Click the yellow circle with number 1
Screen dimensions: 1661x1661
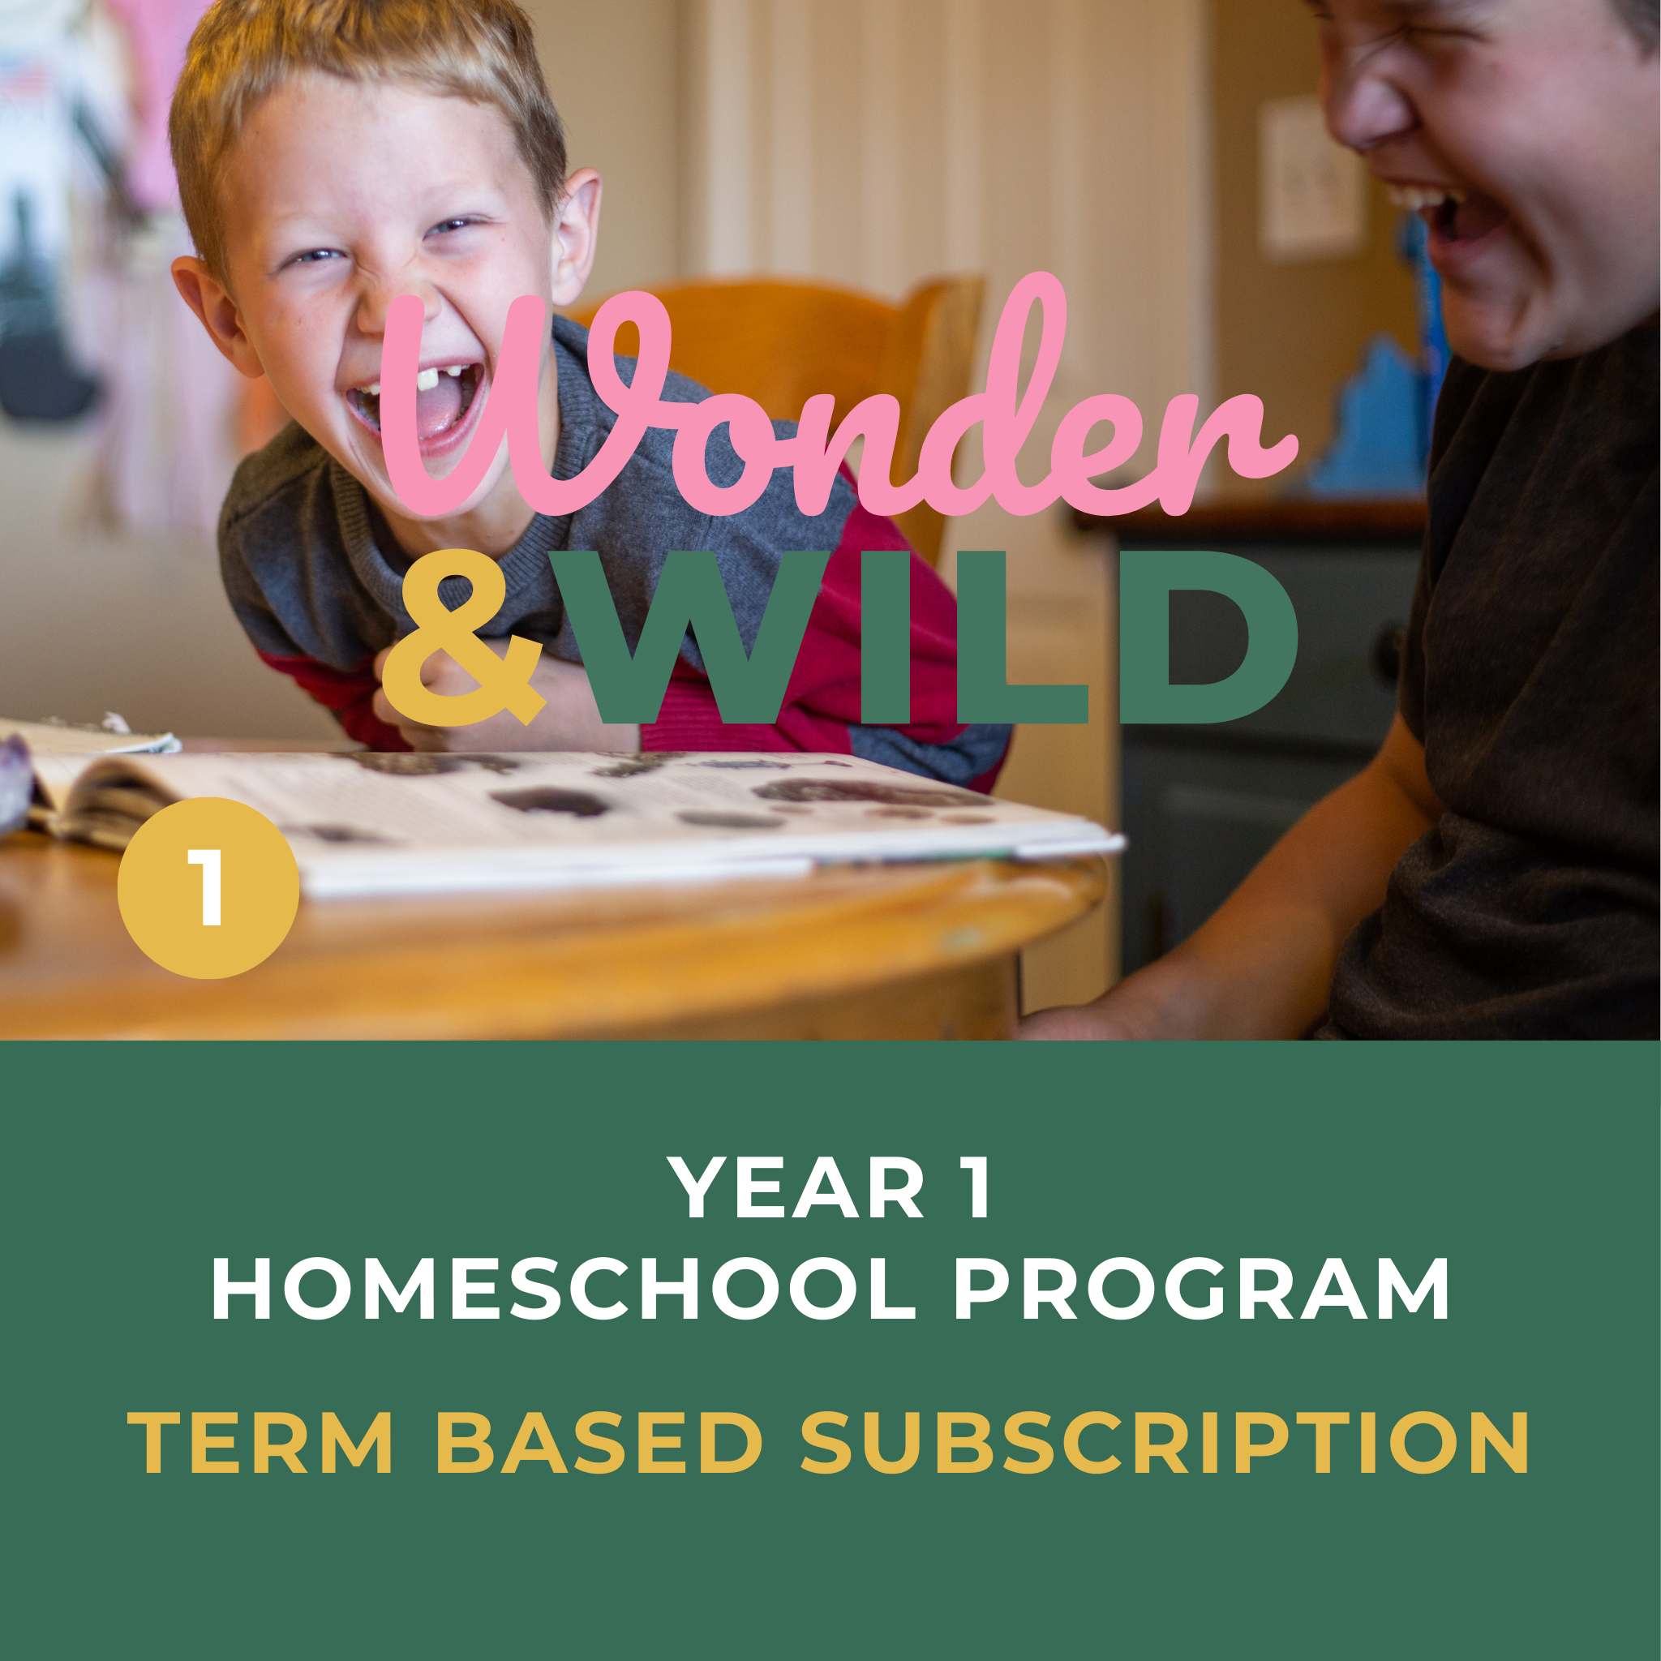(x=208, y=886)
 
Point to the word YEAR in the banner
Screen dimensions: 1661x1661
(x=796, y=1188)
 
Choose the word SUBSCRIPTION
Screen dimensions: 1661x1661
(x=1165, y=1442)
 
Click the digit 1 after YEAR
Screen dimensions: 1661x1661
(x=977, y=1188)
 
